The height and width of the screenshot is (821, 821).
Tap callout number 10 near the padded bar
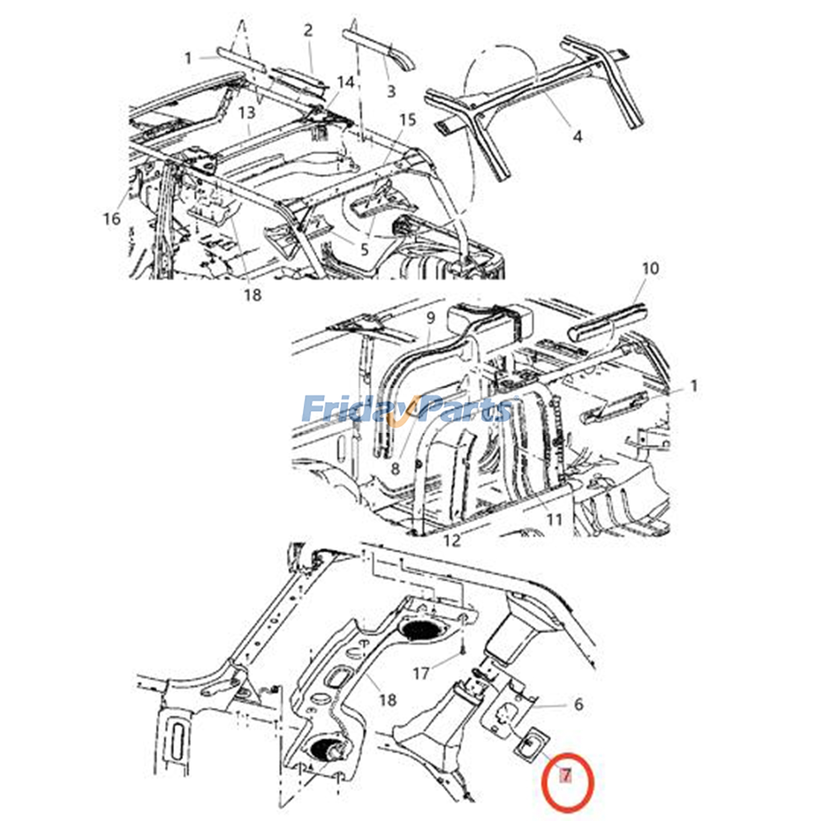point(650,268)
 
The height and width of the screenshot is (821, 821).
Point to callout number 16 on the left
point(111,219)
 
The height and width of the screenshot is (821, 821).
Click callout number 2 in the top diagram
point(308,31)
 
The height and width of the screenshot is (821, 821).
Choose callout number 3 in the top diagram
point(391,91)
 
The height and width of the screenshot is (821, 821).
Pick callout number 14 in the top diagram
point(346,82)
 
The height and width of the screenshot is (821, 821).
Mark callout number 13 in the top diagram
point(247,112)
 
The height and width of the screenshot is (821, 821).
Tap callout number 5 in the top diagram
point(364,250)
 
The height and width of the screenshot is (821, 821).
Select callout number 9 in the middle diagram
point(430,318)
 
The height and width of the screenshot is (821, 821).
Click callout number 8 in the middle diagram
point(395,468)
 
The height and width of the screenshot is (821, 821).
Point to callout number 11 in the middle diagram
point(554,520)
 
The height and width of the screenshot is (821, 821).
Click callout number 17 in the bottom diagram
point(421,673)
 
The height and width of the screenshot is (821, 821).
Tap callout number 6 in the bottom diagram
point(578,704)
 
